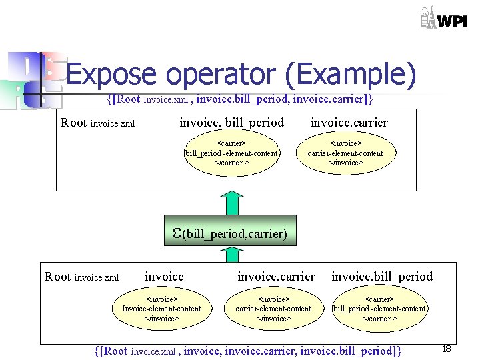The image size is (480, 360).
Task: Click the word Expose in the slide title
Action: [x=111, y=75]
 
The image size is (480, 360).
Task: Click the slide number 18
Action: [x=447, y=349]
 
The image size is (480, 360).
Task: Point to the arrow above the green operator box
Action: [x=230, y=203]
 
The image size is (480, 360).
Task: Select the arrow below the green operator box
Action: [x=230, y=254]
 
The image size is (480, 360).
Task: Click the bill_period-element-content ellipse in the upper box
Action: [x=231, y=153]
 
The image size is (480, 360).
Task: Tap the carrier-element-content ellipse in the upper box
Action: [x=345, y=153]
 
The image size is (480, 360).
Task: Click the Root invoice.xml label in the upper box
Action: [x=97, y=123]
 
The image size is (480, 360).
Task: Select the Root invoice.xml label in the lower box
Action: [x=81, y=277]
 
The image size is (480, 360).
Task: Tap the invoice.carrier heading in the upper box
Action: [x=349, y=123]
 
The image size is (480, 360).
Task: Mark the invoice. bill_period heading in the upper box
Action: [x=231, y=123]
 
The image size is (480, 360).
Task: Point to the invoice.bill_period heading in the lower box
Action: [x=381, y=276]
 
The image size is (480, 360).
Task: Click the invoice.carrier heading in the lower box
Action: [x=276, y=276]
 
